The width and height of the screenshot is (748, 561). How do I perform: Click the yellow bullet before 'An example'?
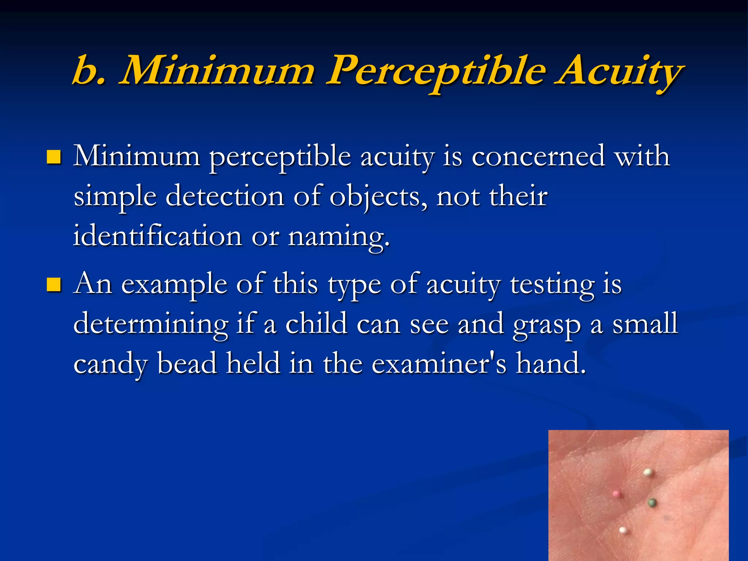point(54,285)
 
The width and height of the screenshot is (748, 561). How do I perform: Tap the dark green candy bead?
point(652,503)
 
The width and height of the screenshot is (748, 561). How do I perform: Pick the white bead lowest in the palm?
point(623,530)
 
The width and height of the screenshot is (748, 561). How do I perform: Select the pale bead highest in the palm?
point(648,473)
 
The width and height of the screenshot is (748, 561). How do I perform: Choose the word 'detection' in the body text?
point(225,196)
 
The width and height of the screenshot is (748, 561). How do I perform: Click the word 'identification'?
point(157,236)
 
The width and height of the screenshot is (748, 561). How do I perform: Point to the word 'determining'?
point(151,324)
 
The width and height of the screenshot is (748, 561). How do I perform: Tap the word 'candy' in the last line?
point(111,365)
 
